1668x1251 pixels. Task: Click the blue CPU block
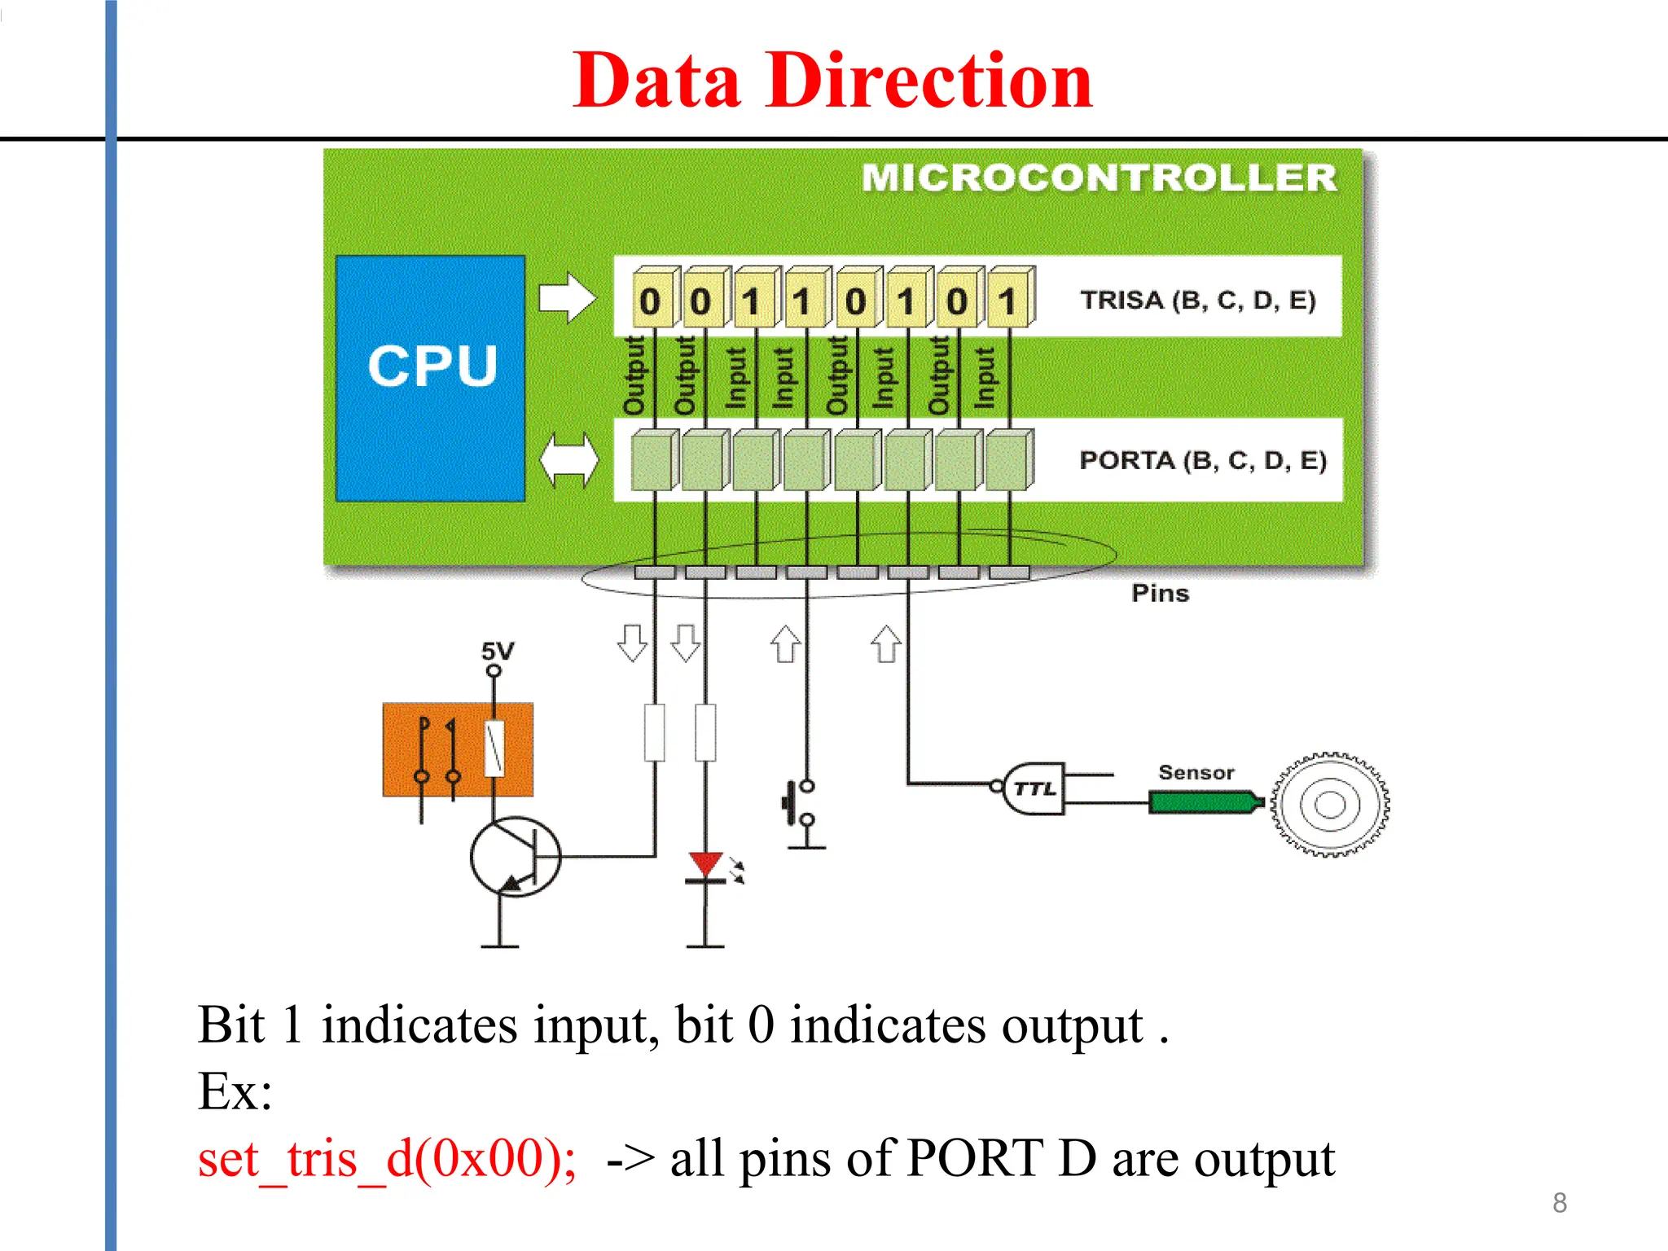point(430,378)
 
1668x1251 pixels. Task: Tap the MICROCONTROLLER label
point(1099,178)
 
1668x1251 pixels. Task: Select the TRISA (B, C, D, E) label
point(1197,300)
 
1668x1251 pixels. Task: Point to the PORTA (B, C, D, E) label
point(1202,460)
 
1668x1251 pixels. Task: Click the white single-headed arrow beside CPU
point(568,297)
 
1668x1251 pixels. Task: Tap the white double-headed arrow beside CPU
point(568,461)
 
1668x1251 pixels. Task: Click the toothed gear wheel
point(1329,804)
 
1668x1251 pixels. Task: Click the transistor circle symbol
point(515,857)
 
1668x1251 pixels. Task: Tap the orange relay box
point(458,749)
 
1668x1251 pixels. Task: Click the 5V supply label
point(497,651)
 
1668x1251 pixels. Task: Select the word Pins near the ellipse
point(1160,593)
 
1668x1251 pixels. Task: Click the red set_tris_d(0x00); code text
point(388,1158)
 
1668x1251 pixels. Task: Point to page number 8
point(1559,1202)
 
